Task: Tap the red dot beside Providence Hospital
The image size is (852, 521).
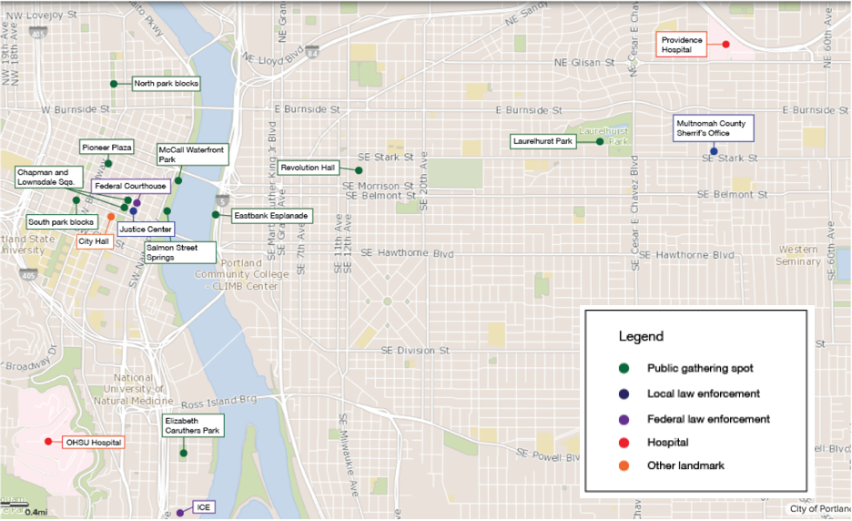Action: [x=725, y=44]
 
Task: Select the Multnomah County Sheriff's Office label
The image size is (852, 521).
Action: [x=713, y=128]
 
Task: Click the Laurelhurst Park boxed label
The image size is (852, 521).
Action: [x=542, y=141]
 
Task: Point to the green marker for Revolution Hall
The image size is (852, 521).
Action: [x=359, y=170]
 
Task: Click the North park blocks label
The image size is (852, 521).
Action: [x=166, y=83]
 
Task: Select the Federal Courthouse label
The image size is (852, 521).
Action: [x=129, y=186]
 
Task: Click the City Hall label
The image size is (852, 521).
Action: [x=94, y=241]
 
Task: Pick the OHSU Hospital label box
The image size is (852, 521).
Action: [x=92, y=442]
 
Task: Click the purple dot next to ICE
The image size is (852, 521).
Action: [x=179, y=513]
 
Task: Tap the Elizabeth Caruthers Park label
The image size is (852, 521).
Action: [x=192, y=425]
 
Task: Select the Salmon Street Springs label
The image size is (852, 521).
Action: [x=179, y=252]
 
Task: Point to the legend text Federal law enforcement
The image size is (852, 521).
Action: [x=708, y=419]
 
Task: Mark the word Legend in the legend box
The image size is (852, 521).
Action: [x=641, y=336]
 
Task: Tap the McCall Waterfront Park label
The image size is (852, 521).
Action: [x=191, y=154]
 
